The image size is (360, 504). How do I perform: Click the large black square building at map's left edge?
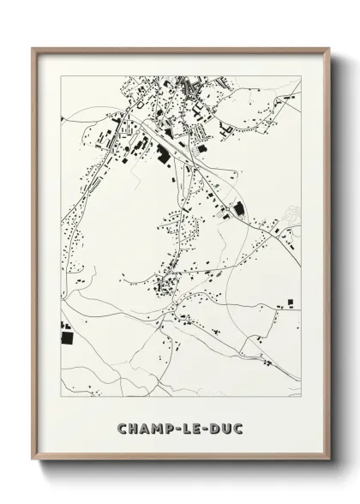[65, 329]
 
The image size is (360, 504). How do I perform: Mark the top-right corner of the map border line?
[301, 75]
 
